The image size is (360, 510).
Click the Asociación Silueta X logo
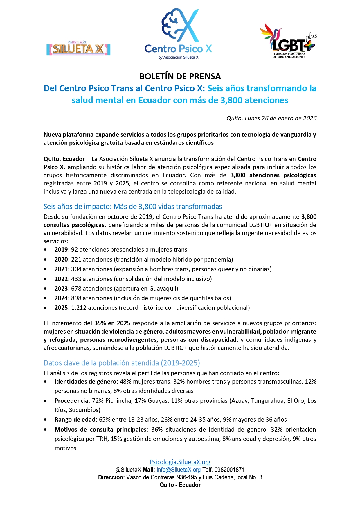[x=78, y=48]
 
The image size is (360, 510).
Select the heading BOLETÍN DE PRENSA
[x=180, y=76]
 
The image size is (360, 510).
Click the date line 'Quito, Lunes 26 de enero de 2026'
[x=271, y=118]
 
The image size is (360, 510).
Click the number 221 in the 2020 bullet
[x=76, y=260]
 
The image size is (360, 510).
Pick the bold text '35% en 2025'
[x=112, y=323]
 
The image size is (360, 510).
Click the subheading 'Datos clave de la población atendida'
[x=122, y=363]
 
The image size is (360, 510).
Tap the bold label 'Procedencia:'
[x=72, y=401]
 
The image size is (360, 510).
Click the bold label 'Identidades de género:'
[x=86, y=382]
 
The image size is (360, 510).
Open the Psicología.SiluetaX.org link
[x=180, y=462]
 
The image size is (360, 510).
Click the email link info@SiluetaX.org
[x=179, y=470]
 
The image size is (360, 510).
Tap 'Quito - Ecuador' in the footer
[x=180, y=485]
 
